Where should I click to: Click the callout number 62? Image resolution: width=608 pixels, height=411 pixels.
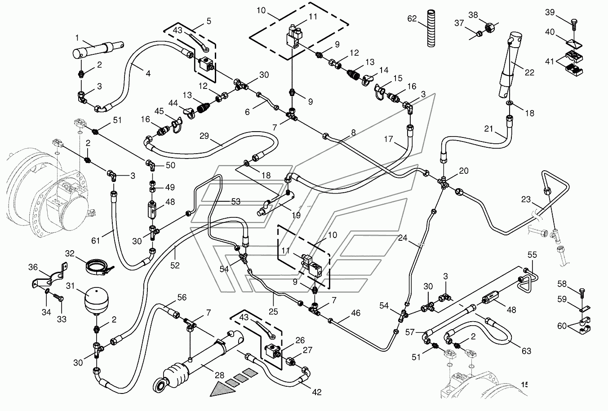point(412,18)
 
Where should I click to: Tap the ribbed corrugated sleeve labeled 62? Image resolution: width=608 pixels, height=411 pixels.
point(431,28)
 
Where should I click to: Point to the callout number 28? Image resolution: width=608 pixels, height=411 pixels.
point(219,376)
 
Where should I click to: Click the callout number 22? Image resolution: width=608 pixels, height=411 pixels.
point(529,72)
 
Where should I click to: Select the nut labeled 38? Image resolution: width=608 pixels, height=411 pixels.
point(489,27)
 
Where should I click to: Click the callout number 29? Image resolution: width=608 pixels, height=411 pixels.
point(204,136)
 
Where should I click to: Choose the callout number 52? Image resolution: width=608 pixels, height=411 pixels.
point(175,265)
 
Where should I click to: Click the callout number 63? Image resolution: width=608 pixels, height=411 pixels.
point(526,351)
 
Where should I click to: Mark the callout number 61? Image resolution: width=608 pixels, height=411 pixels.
point(96,240)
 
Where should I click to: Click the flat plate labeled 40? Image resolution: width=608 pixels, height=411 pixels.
point(574,44)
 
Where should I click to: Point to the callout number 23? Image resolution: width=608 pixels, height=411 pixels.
point(526,199)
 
